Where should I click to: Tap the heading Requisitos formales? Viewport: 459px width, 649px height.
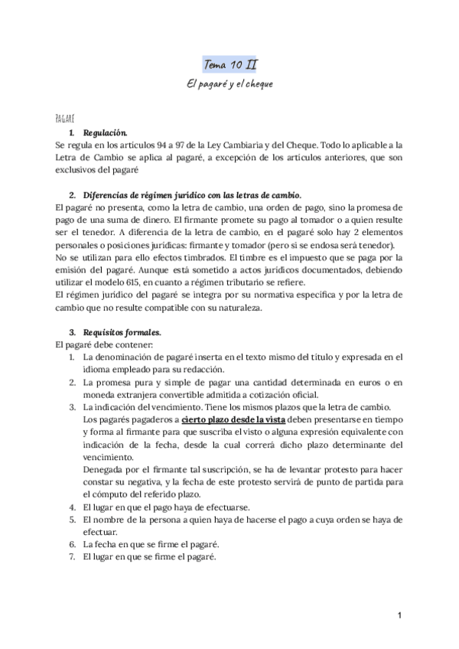pos(123,333)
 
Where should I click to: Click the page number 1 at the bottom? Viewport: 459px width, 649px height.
pos(399,615)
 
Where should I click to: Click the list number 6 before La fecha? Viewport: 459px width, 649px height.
pos(72,544)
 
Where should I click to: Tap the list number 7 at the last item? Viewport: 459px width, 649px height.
pos(72,556)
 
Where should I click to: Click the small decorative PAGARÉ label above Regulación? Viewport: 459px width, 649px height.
pos(64,119)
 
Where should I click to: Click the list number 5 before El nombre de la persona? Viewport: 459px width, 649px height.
pos(72,520)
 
